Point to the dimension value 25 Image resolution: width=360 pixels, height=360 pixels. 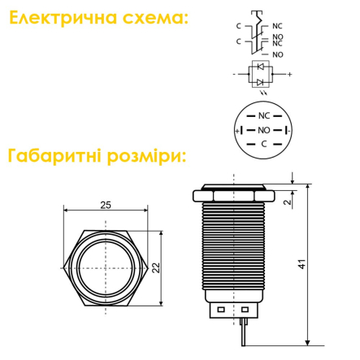[x=105, y=206]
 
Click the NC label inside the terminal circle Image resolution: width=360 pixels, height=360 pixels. [x=263, y=115]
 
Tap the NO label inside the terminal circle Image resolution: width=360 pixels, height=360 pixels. [x=263, y=130]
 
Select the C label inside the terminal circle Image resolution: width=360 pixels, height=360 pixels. [x=263, y=144]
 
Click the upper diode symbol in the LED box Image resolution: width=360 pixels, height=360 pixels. [x=260, y=64]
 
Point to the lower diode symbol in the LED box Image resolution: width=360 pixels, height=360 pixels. [x=260, y=81]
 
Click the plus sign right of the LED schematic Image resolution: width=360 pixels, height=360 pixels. [x=289, y=73]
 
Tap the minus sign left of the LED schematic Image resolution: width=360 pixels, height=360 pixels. [x=233, y=73]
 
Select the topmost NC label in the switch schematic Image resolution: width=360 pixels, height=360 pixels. [x=278, y=25]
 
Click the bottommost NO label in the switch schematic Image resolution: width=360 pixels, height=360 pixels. [x=278, y=54]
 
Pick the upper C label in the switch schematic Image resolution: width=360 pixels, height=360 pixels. [x=238, y=25]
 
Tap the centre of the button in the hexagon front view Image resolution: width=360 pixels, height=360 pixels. [x=105, y=265]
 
